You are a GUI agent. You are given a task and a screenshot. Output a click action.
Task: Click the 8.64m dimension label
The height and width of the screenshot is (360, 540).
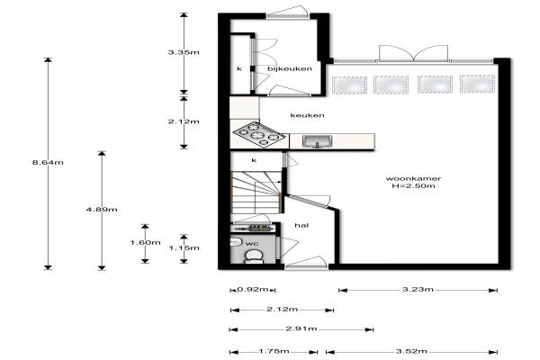[48, 162]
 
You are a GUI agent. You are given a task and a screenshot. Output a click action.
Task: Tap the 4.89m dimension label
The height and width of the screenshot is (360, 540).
[102, 210]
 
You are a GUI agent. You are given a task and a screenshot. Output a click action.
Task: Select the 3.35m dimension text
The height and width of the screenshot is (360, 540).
[184, 52]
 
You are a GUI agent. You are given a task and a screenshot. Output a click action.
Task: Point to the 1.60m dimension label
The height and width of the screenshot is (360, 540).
[145, 242]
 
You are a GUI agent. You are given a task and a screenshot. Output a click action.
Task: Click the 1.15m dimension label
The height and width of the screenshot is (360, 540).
[184, 247]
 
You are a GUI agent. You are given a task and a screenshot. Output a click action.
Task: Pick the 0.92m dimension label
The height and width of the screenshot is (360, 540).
[252, 290]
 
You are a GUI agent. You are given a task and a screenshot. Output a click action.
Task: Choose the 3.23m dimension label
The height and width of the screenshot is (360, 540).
[418, 290]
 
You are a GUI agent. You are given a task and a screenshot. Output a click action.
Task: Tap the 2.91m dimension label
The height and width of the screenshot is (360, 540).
[301, 328]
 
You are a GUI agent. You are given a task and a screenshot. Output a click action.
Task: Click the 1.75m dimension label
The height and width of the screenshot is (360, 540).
[274, 351]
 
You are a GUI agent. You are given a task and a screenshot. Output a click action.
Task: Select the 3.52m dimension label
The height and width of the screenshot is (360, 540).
[411, 351]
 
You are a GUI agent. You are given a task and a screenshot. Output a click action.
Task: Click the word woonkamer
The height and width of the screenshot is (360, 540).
[413, 178]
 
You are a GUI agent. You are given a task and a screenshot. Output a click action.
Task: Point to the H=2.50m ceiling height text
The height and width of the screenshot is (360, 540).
[413, 186]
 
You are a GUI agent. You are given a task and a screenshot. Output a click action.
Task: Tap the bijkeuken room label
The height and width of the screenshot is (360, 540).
[290, 68]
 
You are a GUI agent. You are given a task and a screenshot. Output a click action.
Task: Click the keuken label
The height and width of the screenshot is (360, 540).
[307, 115]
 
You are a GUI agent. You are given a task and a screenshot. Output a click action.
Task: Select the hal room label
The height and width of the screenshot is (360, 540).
[301, 225]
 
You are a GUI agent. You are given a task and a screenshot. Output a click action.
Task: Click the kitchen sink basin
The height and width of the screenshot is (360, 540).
[317, 141]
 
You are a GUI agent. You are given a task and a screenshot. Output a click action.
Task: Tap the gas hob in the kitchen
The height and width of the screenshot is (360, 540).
[259, 134]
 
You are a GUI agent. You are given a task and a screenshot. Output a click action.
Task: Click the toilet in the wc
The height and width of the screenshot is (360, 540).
[254, 256]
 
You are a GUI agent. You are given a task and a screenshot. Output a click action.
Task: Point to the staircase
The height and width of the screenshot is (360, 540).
[256, 193]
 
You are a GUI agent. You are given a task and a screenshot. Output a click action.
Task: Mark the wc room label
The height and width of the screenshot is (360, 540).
[252, 244]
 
